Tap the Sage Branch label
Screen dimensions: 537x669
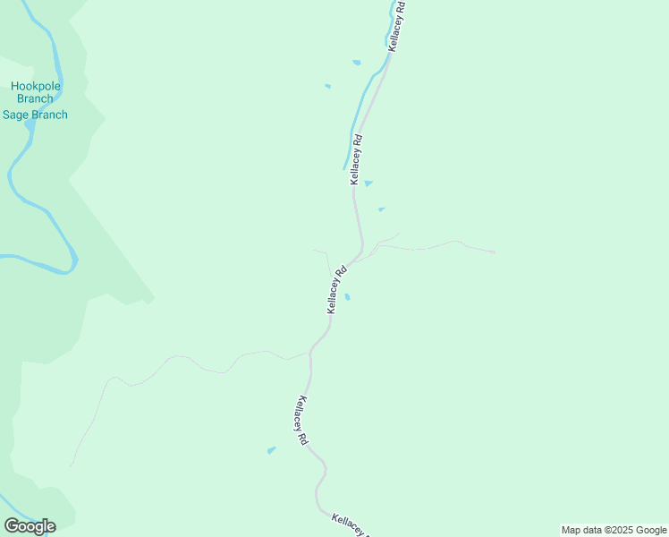(x=35, y=115)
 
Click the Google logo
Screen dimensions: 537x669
(x=30, y=526)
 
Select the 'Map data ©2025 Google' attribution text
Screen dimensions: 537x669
(x=614, y=530)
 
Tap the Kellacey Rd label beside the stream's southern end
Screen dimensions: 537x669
(x=357, y=159)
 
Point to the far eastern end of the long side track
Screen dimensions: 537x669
(x=495, y=252)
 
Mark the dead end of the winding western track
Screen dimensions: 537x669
(x=71, y=465)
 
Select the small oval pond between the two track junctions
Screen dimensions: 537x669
(x=347, y=297)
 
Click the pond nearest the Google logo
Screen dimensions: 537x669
(x=271, y=450)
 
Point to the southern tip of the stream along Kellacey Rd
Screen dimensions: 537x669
(x=344, y=168)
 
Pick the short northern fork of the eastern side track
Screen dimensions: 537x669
(x=391, y=236)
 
